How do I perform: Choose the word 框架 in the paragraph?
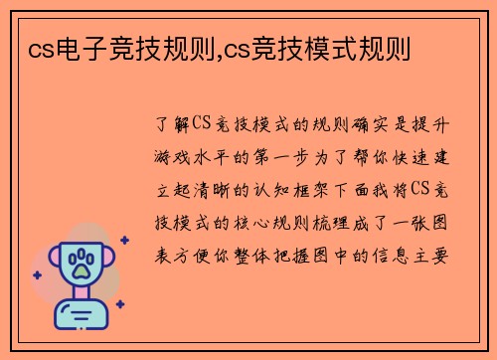tap(326, 188)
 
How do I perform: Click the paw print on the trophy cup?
tap(83, 264)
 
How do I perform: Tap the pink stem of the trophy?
tap(83, 295)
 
